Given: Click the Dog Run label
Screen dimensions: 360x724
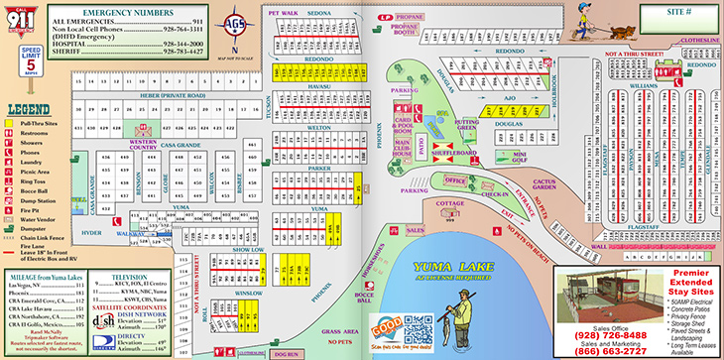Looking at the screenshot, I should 288,353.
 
